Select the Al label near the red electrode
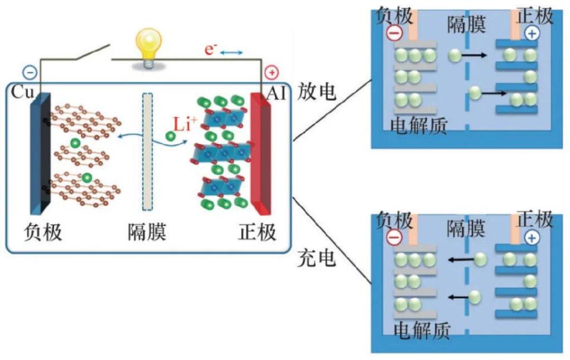coord(277,93)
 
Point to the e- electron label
coord(209,50)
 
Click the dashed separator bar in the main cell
coord(147,152)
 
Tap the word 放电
coord(318,92)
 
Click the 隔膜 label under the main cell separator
coord(147,231)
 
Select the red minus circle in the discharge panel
coord(394,33)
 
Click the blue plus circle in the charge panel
coord(532,238)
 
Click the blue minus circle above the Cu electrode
coord(30,72)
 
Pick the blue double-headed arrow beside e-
coord(232,53)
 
